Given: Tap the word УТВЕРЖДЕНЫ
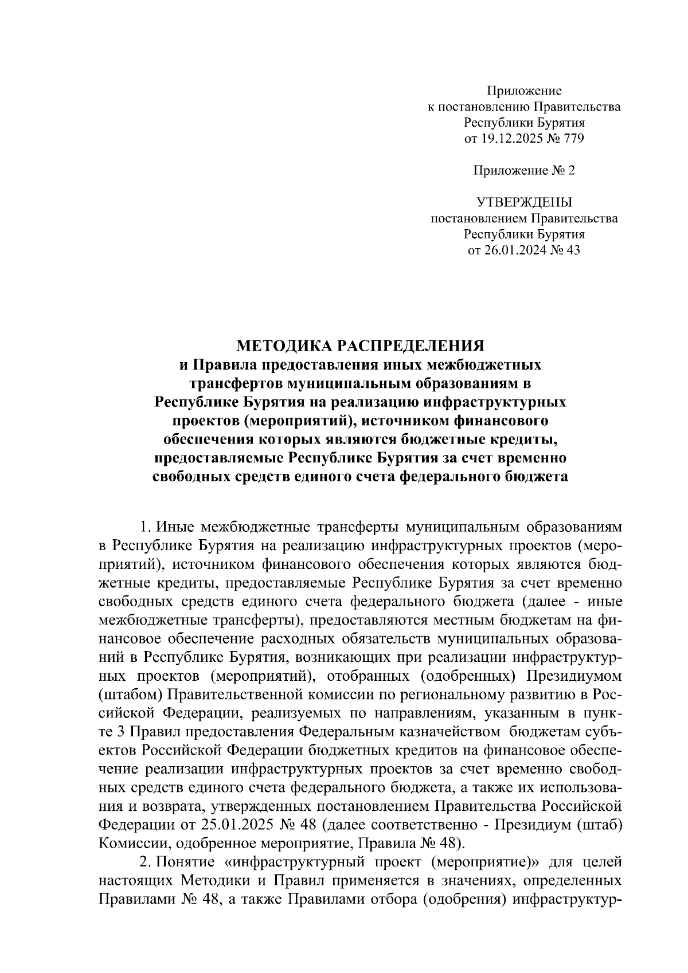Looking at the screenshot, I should (524, 202).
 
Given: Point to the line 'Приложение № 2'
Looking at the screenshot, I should (524, 170).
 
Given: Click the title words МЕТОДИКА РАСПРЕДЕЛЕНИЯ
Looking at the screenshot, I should (361, 346).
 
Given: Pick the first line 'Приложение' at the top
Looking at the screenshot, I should (524, 90).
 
